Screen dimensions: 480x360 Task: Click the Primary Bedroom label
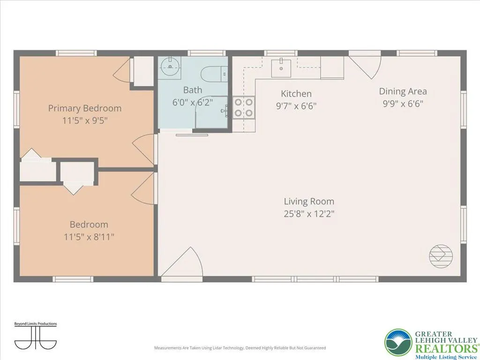(x=85, y=108)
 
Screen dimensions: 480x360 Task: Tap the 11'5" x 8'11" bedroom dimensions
(x=89, y=237)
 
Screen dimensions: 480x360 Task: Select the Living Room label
(x=309, y=202)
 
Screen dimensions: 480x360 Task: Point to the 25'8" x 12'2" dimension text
(x=309, y=214)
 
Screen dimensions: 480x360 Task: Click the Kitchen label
(x=296, y=94)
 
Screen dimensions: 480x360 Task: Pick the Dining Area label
(x=403, y=91)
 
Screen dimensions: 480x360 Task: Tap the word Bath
(x=193, y=90)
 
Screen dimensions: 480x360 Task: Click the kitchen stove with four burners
(x=243, y=107)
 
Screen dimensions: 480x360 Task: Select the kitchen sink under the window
(x=281, y=68)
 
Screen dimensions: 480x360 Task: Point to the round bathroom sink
(x=169, y=67)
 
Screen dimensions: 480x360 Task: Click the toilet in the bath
(x=214, y=74)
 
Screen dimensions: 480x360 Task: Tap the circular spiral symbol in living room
(x=441, y=256)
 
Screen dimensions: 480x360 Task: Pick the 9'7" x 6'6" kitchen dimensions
(x=296, y=106)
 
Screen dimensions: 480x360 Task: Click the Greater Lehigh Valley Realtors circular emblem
(x=398, y=343)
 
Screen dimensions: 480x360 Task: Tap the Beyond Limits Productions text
(x=36, y=323)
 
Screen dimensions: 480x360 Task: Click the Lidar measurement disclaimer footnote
(x=240, y=348)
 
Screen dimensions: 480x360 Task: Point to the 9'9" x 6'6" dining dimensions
(x=403, y=104)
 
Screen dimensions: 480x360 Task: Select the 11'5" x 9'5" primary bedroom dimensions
(x=85, y=120)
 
